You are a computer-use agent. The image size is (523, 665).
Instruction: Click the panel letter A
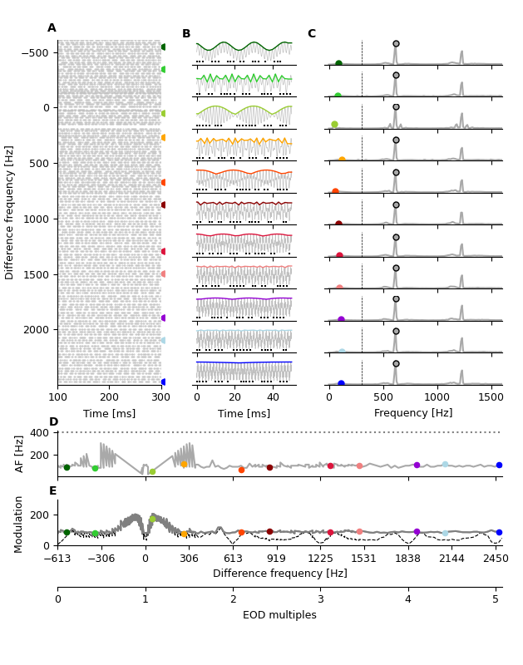tap(52, 28)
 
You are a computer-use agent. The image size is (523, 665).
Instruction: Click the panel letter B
tap(186, 34)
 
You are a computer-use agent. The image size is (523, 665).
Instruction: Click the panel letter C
tap(312, 34)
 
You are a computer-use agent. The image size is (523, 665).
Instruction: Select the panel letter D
tap(53, 422)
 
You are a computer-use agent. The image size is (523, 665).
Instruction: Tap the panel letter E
tap(53, 491)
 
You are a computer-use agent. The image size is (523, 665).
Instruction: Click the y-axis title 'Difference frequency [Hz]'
tap(10, 212)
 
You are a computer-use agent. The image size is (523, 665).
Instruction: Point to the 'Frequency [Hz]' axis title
tap(413, 413)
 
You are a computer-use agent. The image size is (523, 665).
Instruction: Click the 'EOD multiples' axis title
tap(279, 615)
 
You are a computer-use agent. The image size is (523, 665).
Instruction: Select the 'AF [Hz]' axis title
tap(20, 454)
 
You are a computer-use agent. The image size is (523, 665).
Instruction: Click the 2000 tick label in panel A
tap(37, 330)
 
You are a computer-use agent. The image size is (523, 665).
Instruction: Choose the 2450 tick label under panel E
tap(496, 559)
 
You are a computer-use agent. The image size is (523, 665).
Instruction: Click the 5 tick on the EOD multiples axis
tap(496, 599)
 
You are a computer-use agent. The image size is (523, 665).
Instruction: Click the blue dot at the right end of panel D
tap(499, 465)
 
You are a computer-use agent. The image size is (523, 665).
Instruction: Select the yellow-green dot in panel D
tap(152, 471)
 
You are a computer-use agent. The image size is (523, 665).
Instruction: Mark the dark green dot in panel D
tap(67, 467)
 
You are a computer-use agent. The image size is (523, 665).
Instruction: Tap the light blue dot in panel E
tap(445, 533)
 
